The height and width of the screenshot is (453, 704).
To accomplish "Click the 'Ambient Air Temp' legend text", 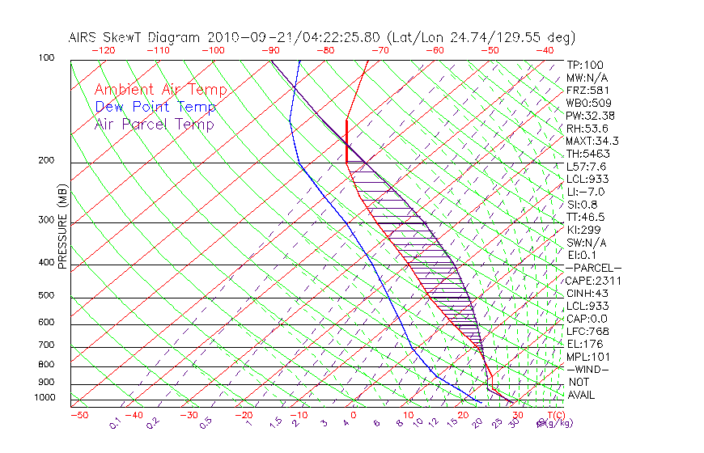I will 160,90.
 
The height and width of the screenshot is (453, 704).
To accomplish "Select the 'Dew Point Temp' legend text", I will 155,107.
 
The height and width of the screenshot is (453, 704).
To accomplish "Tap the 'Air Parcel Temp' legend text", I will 154,124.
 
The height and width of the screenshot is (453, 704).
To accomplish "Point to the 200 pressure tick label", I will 46,161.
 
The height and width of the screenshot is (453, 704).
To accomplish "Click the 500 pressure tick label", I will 46,296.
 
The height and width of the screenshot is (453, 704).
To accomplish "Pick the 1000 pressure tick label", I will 44,398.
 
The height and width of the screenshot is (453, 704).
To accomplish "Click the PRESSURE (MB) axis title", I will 61,226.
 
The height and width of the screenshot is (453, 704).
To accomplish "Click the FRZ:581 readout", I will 585,91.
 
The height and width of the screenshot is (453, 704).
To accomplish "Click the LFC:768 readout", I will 585,332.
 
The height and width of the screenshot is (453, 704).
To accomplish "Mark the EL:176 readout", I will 583,344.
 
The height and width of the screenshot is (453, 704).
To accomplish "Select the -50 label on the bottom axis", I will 78,415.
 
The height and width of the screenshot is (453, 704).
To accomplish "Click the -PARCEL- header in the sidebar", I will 593,268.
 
